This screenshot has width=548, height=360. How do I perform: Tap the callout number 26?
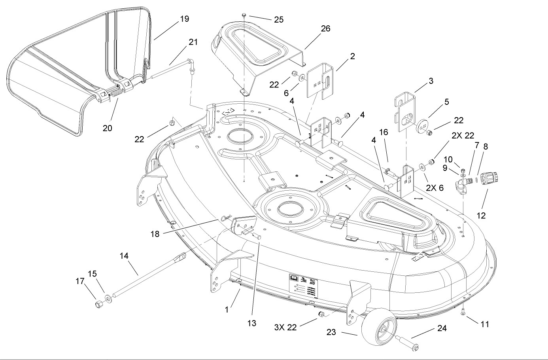(326, 28)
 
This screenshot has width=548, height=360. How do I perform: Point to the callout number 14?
(124, 256)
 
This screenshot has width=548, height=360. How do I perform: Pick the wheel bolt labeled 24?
(407, 343)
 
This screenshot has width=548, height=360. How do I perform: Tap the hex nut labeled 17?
(99, 304)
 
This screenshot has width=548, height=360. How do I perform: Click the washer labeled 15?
(108, 296)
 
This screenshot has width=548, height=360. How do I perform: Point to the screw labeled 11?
(463, 313)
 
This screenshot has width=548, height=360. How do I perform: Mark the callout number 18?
(155, 234)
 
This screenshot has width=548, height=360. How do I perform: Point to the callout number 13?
(251, 323)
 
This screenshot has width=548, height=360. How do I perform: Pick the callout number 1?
(227, 310)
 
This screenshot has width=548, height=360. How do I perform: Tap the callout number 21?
(193, 42)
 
